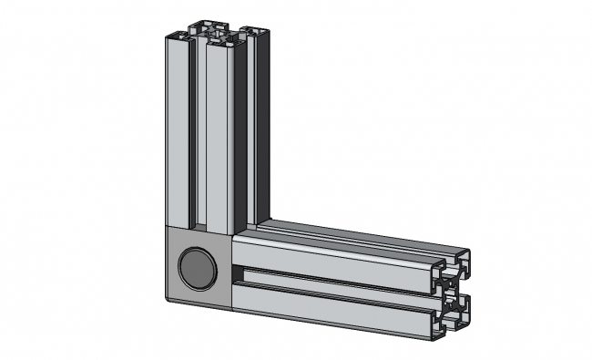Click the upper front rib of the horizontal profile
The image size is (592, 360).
pyautogui.click(x=337, y=256)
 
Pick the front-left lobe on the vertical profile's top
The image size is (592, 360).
pyautogui.click(x=179, y=36)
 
